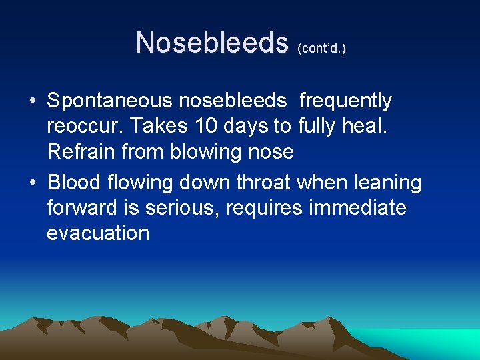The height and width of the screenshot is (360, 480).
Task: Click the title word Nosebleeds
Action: (211, 43)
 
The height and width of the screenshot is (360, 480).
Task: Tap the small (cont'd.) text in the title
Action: (322, 48)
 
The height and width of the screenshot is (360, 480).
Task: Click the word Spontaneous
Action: (110, 101)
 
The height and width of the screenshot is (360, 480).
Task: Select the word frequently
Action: (346, 101)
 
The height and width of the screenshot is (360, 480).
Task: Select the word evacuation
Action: (98, 233)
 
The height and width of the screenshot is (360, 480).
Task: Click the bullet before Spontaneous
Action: (32, 102)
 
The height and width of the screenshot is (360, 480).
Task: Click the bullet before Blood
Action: (32, 183)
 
